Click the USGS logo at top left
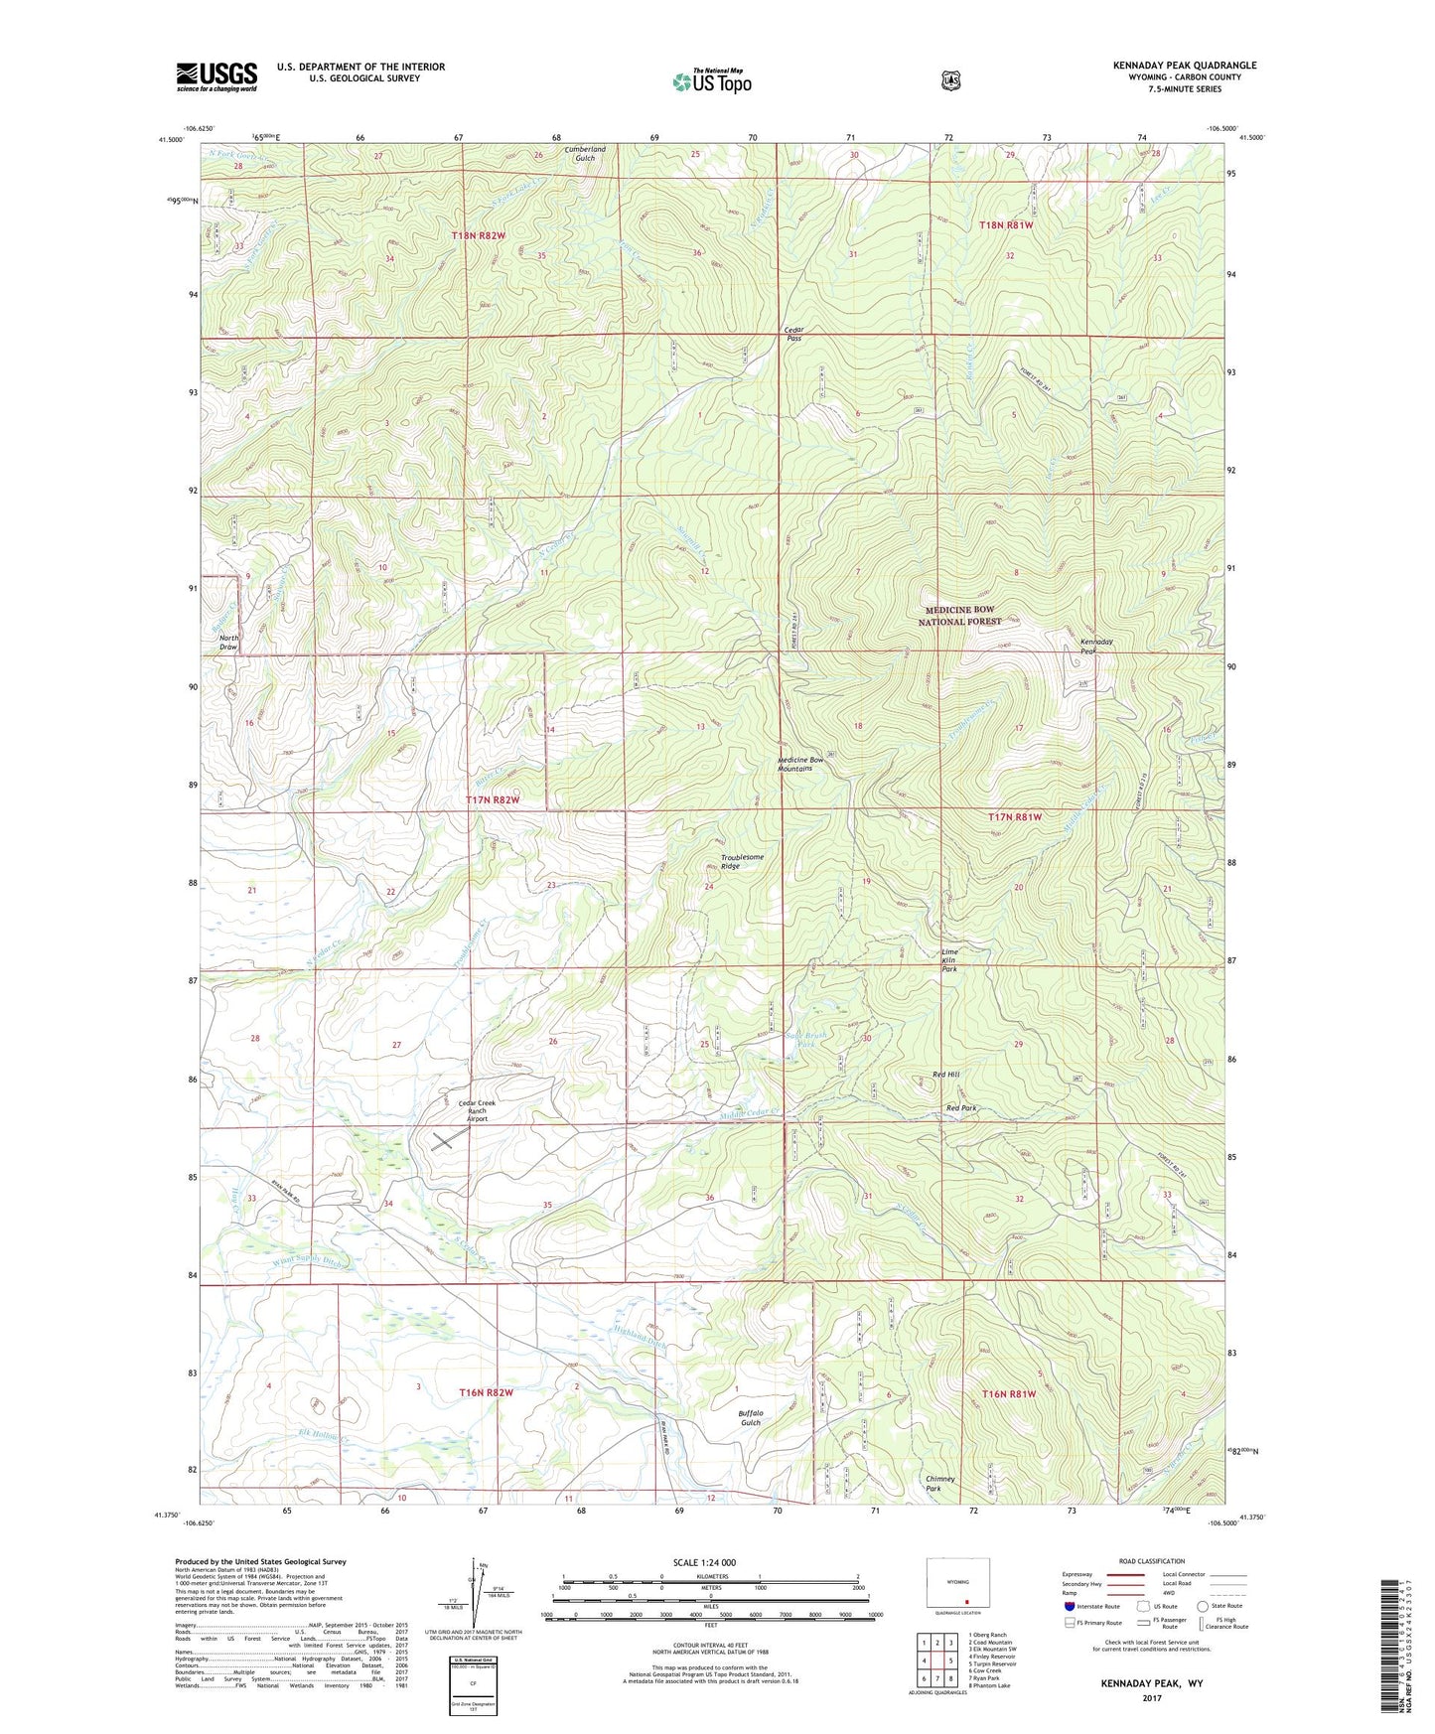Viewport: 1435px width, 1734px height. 216,75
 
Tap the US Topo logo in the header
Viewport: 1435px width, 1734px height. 711,81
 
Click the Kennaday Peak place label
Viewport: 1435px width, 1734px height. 1096,647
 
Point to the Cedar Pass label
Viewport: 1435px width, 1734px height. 792,334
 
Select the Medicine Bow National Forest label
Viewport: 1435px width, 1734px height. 958,616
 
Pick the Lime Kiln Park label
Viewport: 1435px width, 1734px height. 950,960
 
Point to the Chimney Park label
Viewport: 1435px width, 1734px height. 939,1484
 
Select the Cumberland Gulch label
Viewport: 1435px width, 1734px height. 585,153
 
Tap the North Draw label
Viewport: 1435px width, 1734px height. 228,642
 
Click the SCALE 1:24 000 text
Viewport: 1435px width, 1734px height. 704,1562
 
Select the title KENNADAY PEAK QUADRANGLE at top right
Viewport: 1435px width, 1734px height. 1184,66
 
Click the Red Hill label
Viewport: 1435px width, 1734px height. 945,1075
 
